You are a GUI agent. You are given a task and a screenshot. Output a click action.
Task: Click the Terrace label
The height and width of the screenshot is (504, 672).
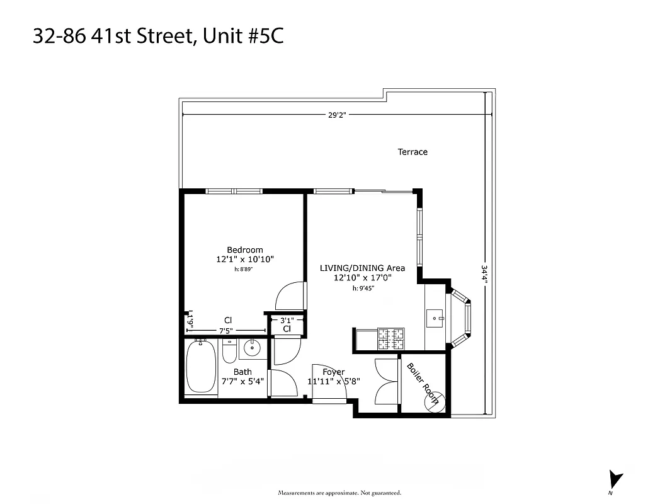(x=413, y=152)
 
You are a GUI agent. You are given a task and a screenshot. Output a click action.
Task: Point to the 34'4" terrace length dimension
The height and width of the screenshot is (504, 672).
(x=484, y=275)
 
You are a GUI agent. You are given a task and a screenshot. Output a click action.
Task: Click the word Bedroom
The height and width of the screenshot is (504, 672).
(x=245, y=250)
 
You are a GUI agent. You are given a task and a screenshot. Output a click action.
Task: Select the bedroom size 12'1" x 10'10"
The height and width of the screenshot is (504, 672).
(x=245, y=259)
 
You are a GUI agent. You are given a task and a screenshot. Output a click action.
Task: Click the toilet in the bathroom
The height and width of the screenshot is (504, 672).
(x=229, y=353)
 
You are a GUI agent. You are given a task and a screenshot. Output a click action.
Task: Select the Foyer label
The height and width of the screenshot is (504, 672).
(x=333, y=372)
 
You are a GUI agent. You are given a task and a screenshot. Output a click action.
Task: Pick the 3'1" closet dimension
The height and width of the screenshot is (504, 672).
(x=286, y=320)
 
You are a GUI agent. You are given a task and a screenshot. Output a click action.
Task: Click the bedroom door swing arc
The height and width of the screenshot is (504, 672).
(x=290, y=295)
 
